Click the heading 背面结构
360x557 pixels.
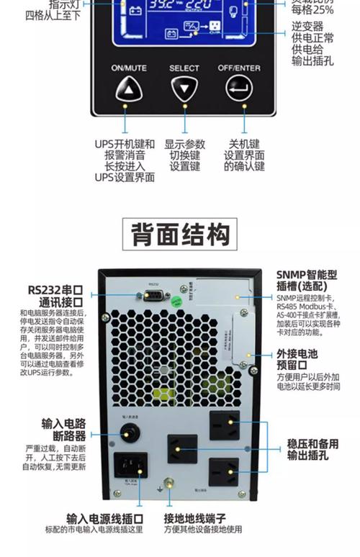180,235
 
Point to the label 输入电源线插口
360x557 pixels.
104,518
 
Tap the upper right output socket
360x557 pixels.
224,426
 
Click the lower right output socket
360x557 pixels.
223,474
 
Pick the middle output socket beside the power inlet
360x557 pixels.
182,449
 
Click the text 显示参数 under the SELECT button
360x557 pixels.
184,144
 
